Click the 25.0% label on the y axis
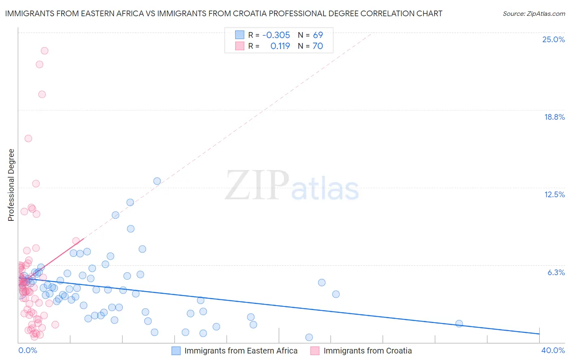pos(553,39)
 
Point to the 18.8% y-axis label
pos(554,117)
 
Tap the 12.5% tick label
pos(554,194)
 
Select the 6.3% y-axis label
pos(556,272)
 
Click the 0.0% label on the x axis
pos(28,350)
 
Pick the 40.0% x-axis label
pos(553,350)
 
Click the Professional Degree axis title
pos(11,185)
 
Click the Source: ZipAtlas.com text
pos(534,13)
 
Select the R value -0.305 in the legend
pos(276,35)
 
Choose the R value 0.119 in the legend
pos(280,46)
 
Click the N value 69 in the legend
pos(318,35)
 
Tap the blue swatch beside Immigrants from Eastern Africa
pos(176,351)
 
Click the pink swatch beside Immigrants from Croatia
pos(315,351)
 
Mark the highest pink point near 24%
pos(45,51)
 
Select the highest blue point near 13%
pos(157,181)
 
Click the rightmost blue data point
pos(459,323)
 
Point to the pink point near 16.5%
pos(28,138)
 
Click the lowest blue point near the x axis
pos(309,337)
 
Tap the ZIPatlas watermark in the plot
pos(292,186)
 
